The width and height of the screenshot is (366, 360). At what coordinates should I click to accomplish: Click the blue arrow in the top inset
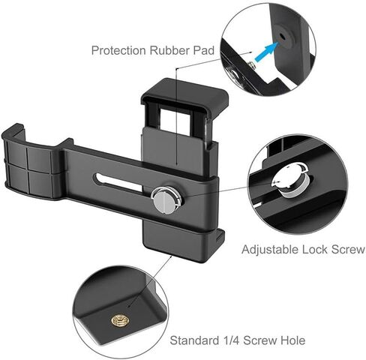point(266,52)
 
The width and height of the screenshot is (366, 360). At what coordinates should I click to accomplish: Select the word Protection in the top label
point(119,51)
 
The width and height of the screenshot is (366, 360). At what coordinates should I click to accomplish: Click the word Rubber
point(169,50)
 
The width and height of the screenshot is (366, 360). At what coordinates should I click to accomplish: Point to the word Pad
point(204,50)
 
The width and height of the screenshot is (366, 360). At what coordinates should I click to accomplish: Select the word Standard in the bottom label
point(193,340)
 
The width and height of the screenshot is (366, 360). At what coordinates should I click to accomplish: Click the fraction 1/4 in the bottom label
point(230,340)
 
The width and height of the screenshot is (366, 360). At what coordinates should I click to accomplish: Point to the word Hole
point(293,340)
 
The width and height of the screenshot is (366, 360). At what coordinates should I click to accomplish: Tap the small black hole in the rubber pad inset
point(283,37)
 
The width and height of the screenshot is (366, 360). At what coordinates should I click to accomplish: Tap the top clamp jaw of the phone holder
point(185,94)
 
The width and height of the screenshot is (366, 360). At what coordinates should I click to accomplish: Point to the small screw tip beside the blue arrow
point(252,65)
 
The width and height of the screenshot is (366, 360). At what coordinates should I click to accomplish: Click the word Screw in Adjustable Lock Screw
point(347,250)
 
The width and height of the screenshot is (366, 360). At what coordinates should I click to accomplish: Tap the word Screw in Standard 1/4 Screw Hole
point(260,340)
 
